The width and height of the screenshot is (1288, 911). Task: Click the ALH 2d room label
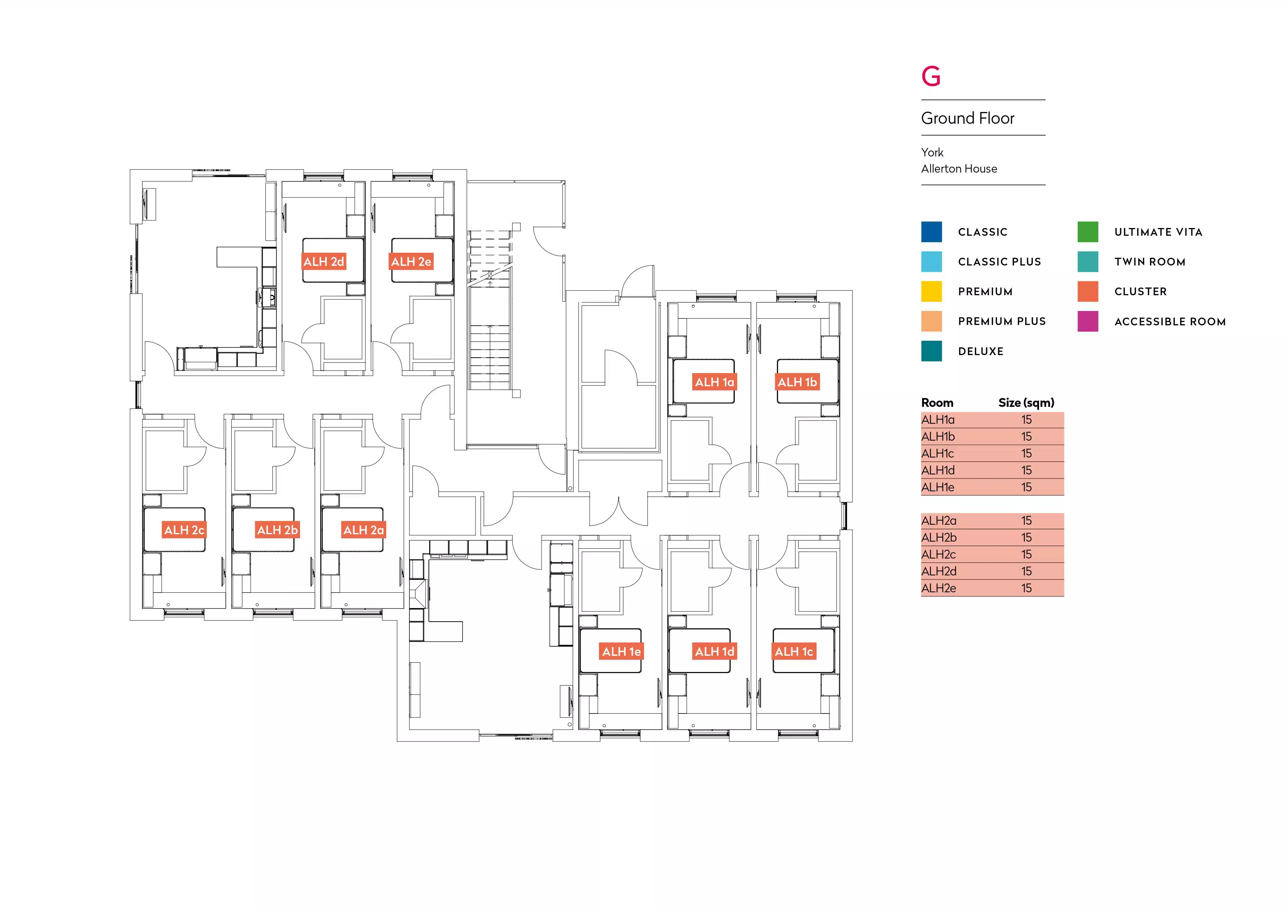[324, 261]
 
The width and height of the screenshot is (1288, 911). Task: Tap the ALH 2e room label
[411, 261]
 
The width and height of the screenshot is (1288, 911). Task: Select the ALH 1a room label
[714, 382]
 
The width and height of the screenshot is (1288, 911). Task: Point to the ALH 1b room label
[797, 382]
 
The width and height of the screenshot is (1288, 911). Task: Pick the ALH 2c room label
[184, 530]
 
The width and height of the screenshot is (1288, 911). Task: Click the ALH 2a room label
[363, 530]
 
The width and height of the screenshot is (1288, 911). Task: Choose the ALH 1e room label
[621, 651]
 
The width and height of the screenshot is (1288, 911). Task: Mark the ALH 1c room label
[794, 651]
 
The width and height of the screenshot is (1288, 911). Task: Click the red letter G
[931, 76]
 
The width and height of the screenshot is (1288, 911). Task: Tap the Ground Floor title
[968, 118]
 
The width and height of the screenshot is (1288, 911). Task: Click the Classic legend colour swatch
[931, 232]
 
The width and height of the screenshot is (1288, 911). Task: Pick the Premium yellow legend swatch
[931, 292]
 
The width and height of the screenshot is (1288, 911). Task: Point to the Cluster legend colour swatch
[1088, 292]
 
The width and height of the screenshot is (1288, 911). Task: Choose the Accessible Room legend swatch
[1088, 321]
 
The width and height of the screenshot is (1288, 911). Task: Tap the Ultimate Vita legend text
[1158, 232]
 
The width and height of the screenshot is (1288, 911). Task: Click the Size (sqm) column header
[1026, 403]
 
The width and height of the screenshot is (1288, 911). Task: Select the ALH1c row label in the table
[937, 453]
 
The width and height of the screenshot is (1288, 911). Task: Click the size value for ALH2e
[1026, 588]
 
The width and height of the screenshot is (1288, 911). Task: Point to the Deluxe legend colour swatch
[931, 351]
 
